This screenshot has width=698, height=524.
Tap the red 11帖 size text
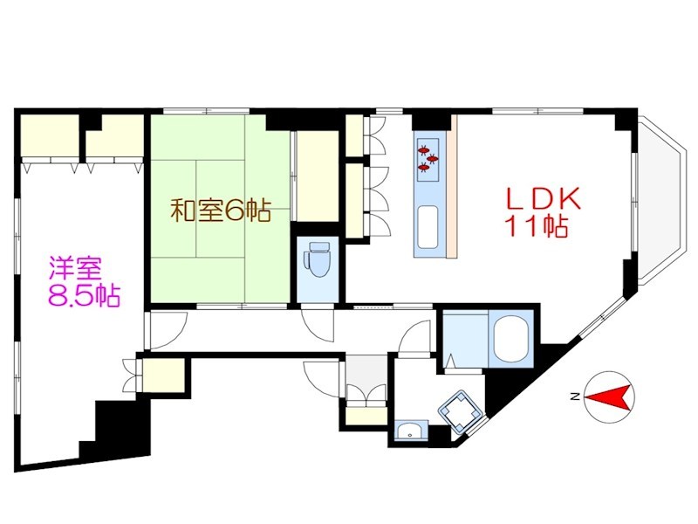pyautogui.click(x=535, y=228)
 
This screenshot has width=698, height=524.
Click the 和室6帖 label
pyautogui.click(x=219, y=210)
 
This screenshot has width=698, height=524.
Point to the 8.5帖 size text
pyautogui.click(x=83, y=295)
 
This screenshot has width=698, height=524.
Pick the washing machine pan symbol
pyautogui.click(x=460, y=409)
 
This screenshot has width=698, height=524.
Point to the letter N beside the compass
pyautogui.click(x=573, y=397)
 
